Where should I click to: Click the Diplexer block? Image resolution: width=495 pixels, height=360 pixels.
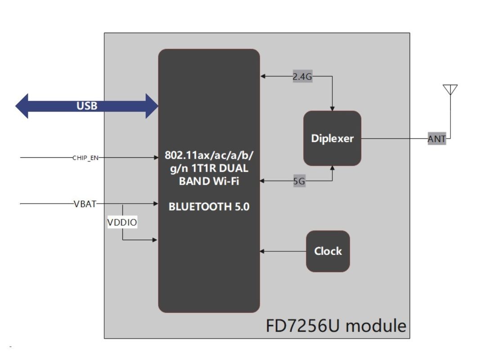(x=332, y=138)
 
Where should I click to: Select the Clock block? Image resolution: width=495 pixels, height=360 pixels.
(x=328, y=251)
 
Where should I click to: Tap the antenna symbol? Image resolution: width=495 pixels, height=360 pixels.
(x=450, y=90)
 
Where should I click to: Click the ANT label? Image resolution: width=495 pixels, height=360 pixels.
(x=436, y=139)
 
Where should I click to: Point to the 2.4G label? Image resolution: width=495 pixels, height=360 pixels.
(x=302, y=77)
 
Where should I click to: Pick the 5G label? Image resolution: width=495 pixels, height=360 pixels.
(x=299, y=182)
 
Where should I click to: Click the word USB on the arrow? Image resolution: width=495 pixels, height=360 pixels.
(x=87, y=106)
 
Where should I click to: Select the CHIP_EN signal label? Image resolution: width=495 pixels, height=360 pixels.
(x=85, y=158)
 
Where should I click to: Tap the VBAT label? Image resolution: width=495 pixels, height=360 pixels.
(x=85, y=204)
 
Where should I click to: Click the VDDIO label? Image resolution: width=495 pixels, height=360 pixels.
(x=122, y=222)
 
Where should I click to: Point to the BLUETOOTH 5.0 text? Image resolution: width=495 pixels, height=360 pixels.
(x=209, y=207)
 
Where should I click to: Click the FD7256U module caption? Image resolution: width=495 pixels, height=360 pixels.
(x=336, y=325)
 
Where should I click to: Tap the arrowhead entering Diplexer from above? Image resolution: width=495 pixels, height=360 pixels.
(x=333, y=108)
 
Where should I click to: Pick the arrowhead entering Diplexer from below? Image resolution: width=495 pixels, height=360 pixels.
(x=333, y=168)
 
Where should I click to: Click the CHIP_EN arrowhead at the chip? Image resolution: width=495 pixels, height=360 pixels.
(x=155, y=158)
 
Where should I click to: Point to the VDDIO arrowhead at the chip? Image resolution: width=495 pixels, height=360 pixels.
(x=155, y=240)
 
